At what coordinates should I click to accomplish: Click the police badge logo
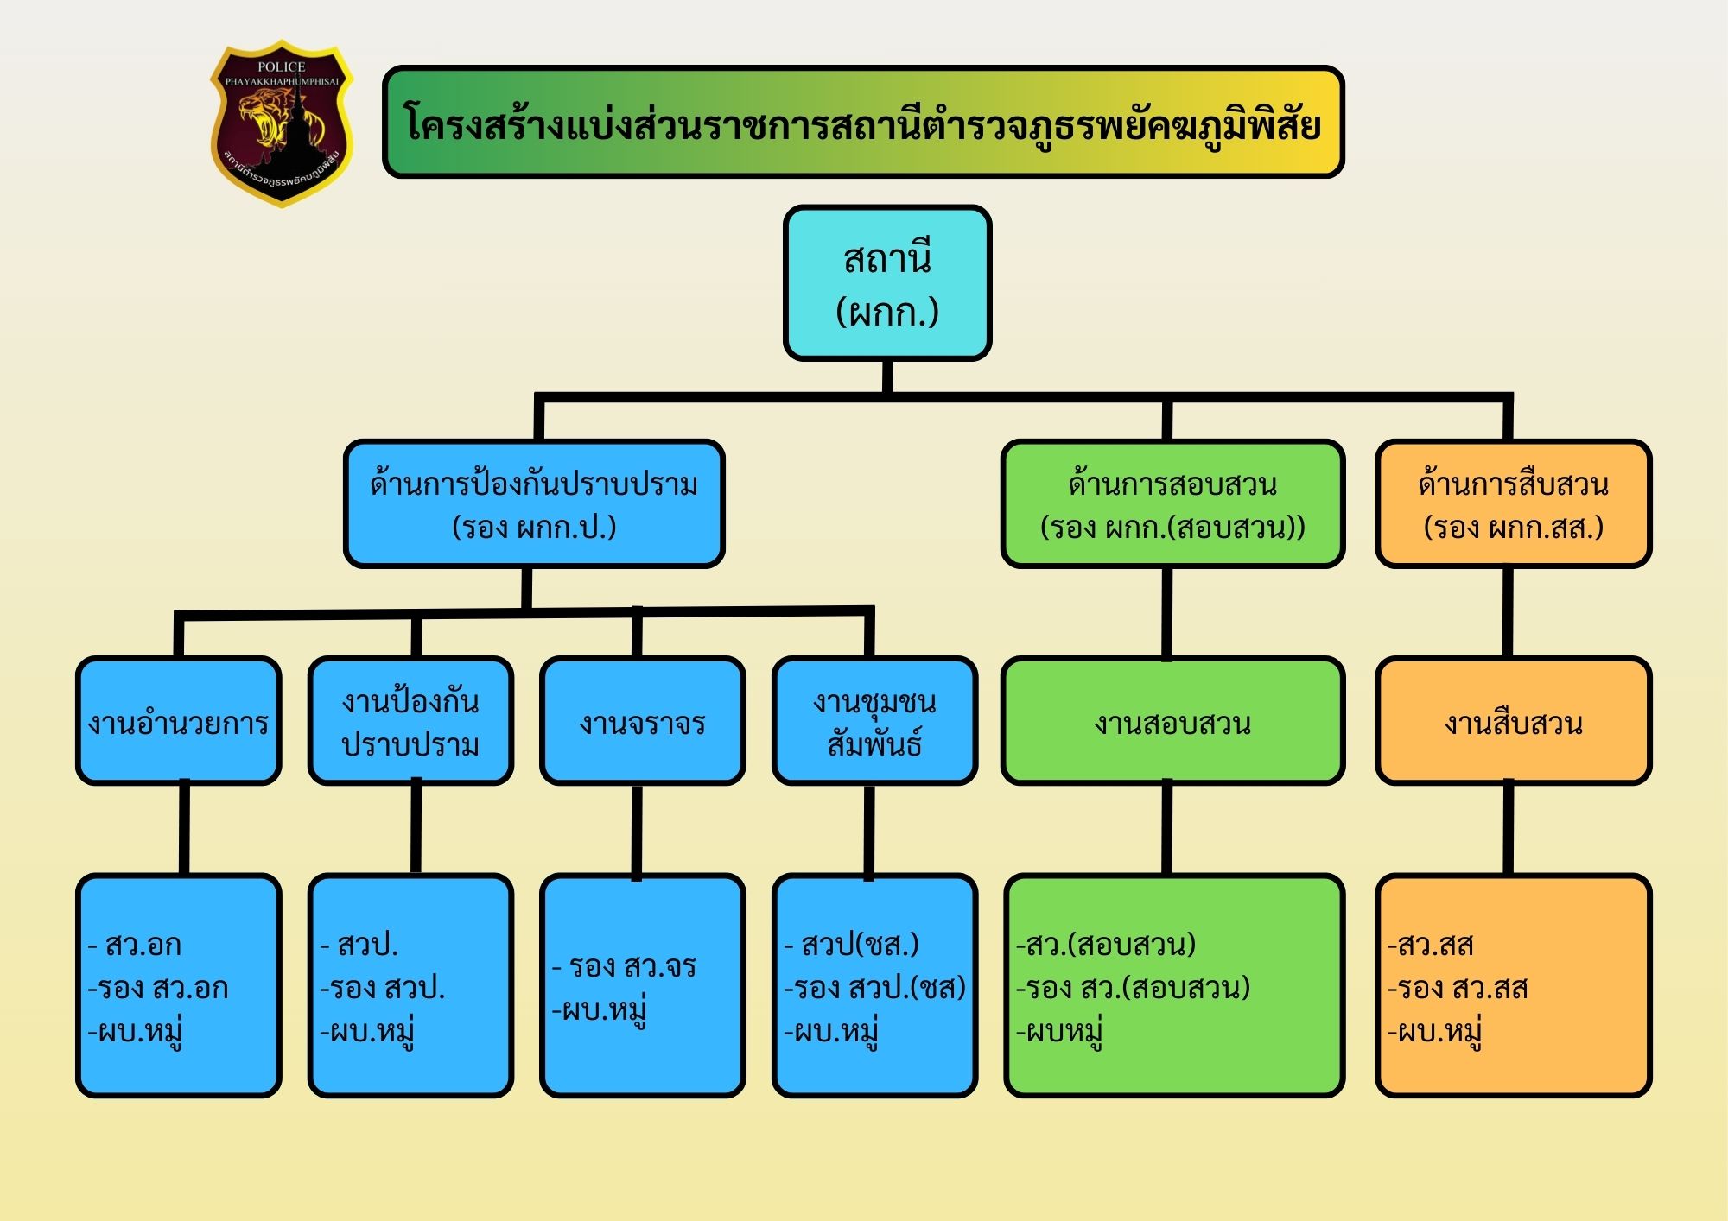282,123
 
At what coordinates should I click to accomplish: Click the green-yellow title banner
862,123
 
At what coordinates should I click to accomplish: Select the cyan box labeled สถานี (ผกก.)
886,283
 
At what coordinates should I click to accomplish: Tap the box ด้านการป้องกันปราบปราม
534,504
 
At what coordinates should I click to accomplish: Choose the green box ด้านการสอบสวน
1172,504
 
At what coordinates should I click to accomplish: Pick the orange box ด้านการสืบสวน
1513,504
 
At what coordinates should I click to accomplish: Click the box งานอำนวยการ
179,722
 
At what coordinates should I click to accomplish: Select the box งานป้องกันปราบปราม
410,722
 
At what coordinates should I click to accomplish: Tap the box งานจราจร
642,722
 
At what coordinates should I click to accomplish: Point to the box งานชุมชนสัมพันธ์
874,722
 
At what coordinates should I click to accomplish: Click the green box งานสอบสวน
1172,722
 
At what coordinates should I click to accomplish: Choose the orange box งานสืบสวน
1513,722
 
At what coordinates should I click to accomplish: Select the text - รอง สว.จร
624,966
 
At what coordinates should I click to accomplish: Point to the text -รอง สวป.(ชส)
874,988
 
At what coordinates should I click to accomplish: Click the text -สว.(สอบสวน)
1106,945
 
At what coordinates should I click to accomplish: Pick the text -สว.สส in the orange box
1430,945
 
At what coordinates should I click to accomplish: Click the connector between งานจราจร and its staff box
637,831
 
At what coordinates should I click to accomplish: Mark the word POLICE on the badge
282,66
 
